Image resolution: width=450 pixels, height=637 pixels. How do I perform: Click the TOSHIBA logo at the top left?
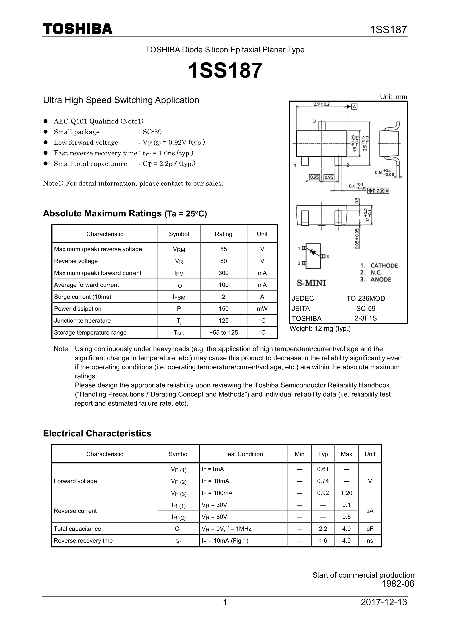click(x=78, y=29)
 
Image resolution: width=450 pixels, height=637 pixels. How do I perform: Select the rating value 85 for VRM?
click(x=223, y=249)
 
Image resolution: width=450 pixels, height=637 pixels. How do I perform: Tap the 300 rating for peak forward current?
click(x=223, y=273)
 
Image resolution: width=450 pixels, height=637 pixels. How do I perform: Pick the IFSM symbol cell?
click(x=179, y=297)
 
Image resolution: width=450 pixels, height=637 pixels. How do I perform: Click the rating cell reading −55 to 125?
click(x=223, y=333)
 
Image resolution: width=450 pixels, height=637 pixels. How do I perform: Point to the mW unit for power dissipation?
click(x=262, y=309)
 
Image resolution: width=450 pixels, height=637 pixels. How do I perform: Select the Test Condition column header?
click(x=243, y=454)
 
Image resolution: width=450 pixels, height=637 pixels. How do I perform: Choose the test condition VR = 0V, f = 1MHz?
click(x=226, y=529)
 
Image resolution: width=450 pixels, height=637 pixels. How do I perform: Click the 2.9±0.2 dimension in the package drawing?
click(x=321, y=104)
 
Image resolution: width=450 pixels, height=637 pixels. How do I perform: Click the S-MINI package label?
click(x=311, y=283)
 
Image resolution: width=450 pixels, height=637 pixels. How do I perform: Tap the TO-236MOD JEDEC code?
click(x=365, y=299)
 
